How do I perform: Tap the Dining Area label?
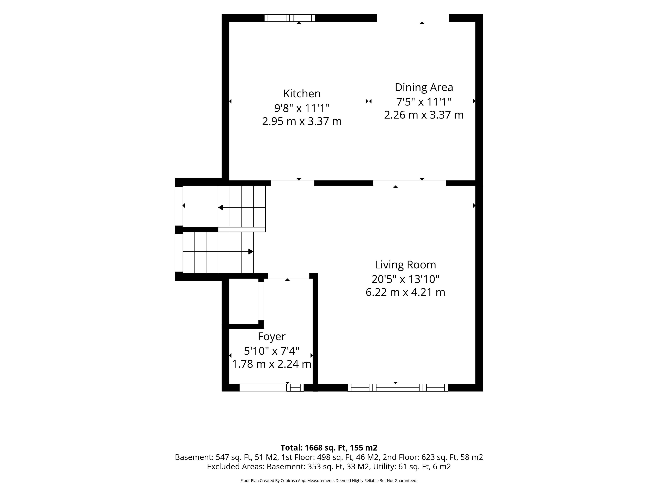tap(424, 87)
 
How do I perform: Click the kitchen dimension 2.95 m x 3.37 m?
tap(302, 121)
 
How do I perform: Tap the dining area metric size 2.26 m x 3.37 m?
tap(424, 115)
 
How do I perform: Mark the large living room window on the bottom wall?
tap(398, 387)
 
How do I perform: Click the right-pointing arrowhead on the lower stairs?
tap(251, 252)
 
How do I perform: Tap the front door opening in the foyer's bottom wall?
tap(263, 387)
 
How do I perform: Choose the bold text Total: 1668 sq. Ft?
tap(314, 448)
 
